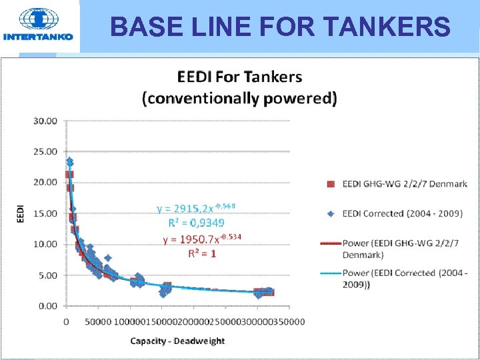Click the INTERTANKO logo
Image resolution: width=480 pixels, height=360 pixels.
tap(38, 25)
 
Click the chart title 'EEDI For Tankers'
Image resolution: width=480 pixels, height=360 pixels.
tap(239, 77)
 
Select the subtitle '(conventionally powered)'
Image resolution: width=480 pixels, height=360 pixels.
tap(239, 99)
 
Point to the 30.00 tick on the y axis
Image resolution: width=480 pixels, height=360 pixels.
tap(45, 121)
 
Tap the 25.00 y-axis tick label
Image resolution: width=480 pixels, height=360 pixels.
tap(45, 151)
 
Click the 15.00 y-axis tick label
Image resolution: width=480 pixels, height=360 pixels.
tap(45, 213)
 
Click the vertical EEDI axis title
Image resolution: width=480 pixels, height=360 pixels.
tap(19, 213)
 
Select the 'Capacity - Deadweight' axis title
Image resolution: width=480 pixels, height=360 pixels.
tap(177, 341)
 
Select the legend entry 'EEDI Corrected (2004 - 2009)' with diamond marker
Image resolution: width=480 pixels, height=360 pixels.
tap(402, 213)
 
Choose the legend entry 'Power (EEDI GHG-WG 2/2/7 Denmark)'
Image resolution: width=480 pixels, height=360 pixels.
tap(404, 249)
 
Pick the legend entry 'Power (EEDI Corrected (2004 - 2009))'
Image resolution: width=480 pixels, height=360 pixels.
tap(404, 278)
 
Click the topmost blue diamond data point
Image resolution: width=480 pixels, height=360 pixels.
tap(69, 161)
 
